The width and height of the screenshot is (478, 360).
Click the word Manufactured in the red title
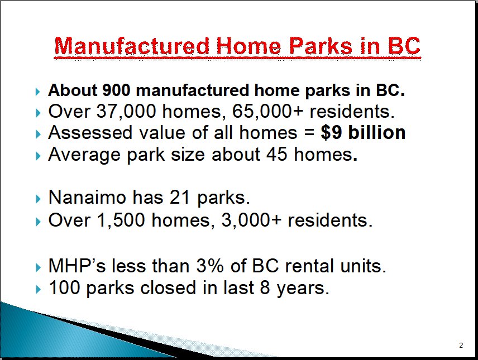coord(132,46)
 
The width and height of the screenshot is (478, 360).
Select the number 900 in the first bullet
coord(116,90)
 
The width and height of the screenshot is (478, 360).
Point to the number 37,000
coord(126,111)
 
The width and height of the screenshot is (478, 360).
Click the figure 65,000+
coord(268,111)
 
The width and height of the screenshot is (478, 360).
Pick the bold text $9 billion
coord(363,133)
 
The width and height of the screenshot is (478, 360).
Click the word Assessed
coord(90,133)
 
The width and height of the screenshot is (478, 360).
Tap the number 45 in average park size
coord(277,154)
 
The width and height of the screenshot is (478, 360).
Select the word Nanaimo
coord(87,197)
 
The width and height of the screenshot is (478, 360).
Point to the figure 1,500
coord(121,220)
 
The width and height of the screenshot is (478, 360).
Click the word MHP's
coord(77,266)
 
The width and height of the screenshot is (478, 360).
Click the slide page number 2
coord(461,345)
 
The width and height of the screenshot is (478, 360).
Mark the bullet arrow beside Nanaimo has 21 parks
coord(38,199)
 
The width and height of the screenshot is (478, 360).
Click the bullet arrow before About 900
coord(38,92)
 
